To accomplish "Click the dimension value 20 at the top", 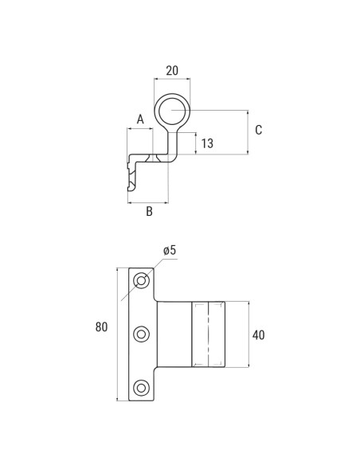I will (171, 70).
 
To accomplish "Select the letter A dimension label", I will (140, 119).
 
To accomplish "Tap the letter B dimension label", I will (149, 212).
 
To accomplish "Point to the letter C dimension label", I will (258, 130).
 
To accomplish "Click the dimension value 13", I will (207, 143).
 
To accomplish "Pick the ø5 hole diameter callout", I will (170, 250).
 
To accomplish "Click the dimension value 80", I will (101, 327).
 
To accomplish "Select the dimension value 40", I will (258, 335).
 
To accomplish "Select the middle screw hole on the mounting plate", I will (142, 334).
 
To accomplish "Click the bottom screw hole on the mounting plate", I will (142, 388).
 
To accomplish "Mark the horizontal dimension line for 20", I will (172, 80).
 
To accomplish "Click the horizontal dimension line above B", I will (148, 202).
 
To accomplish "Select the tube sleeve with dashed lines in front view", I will (208, 334).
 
